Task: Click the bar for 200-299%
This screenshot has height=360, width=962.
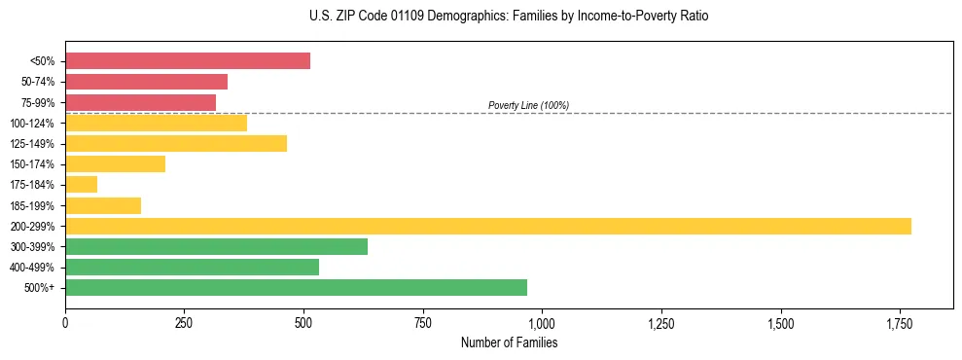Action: pyautogui.click(x=487, y=226)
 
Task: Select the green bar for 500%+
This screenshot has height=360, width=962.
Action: pyautogui.click(x=296, y=287)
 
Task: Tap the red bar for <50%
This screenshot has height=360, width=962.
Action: pyautogui.click(x=188, y=60)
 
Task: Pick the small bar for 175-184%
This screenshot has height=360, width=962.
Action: pyautogui.click(x=81, y=184)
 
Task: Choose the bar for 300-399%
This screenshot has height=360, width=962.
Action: pyautogui.click(x=216, y=246)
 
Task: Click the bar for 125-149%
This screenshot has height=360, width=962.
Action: pyautogui.click(x=176, y=143)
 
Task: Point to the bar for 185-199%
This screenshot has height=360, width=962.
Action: pyautogui.click(x=103, y=205)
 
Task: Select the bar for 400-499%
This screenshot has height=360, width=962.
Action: pyautogui.click(x=192, y=267)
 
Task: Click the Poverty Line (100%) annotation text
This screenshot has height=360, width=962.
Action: pyautogui.click(x=528, y=105)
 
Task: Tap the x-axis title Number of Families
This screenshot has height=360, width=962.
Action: pyautogui.click(x=509, y=343)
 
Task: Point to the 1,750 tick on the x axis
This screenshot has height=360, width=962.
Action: pyautogui.click(x=899, y=323)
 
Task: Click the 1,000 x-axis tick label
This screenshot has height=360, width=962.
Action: pyautogui.click(x=542, y=323)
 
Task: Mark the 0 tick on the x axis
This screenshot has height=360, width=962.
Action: pyautogui.click(x=65, y=323)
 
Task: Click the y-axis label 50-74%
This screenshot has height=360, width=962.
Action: pyautogui.click(x=37, y=82)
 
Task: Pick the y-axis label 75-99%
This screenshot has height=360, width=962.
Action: pyautogui.click(x=37, y=102)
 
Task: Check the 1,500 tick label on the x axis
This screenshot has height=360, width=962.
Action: pyautogui.click(x=780, y=323)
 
